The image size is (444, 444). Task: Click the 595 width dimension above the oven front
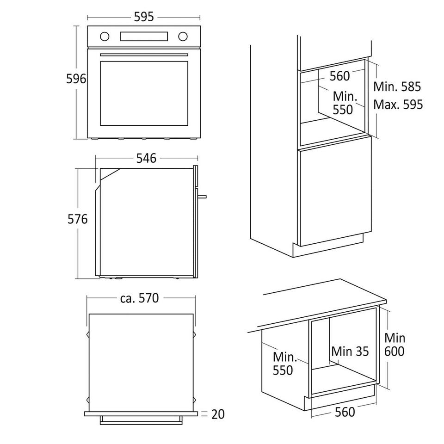click(x=144, y=17)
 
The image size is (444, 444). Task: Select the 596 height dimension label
click(x=76, y=79)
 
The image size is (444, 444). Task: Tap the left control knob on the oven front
click(x=105, y=36)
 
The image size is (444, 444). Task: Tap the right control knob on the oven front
click(x=183, y=36)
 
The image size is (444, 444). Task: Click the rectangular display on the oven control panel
click(x=144, y=36)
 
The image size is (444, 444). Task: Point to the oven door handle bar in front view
click(x=144, y=55)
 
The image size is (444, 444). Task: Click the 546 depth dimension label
click(x=146, y=159)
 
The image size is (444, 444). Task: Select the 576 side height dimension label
click(x=77, y=219)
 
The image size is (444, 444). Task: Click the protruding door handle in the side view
click(x=202, y=197)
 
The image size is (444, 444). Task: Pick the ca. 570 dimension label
click(x=140, y=298)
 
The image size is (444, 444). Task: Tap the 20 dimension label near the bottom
click(x=218, y=414)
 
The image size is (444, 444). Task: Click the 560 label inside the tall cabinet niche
click(x=340, y=76)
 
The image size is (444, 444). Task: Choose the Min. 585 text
click(x=397, y=86)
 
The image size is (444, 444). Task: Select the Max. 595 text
click(x=398, y=105)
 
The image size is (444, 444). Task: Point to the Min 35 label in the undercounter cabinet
click(x=350, y=351)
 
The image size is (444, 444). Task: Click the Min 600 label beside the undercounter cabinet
click(x=395, y=345)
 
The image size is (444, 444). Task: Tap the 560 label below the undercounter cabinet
click(x=345, y=412)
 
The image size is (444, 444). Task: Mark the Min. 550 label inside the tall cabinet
click(x=345, y=103)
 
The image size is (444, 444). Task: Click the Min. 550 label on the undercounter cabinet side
click(x=284, y=364)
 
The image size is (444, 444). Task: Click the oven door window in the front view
click(x=144, y=93)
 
